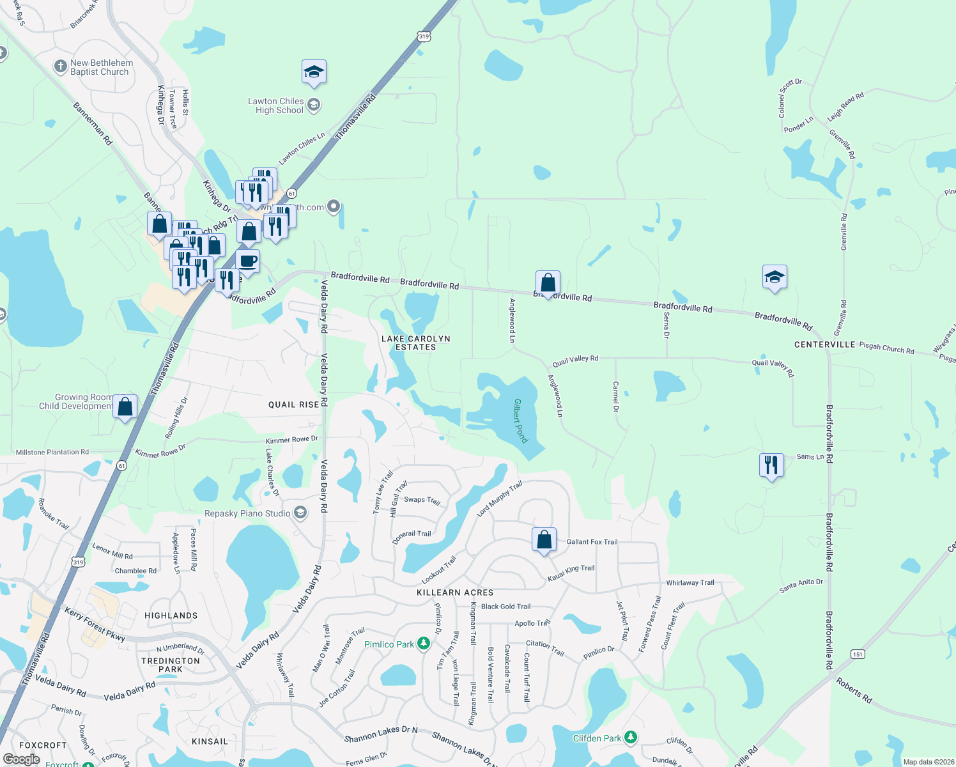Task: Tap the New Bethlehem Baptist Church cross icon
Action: coord(60,66)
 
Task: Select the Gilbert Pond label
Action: coord(521,421)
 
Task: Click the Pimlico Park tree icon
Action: coord(423,643)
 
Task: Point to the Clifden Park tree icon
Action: coord(631,737)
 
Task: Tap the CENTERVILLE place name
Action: coord(824,345)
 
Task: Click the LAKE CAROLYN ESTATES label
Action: coord(415,343)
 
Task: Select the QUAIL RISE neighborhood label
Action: coord(293,405)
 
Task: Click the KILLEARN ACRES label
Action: coord(455,593)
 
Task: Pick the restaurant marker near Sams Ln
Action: coord(771,465)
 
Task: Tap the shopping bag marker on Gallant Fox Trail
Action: coord(544,539)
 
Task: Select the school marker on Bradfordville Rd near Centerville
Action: coord(775,277)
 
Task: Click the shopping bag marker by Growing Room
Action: coord(125,407)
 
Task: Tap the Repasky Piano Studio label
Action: coord(247,513)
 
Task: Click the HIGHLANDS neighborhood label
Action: coord(171,616)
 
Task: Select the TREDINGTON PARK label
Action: coord(171,665)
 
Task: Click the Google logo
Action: coord(21,759)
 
